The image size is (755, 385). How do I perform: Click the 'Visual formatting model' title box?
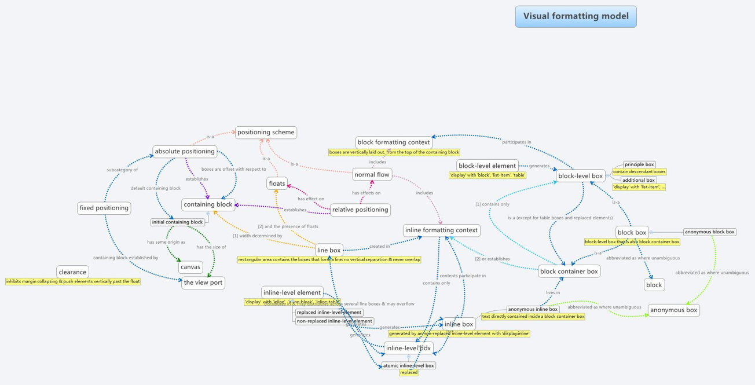point(576,16)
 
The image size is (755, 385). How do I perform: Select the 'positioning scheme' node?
point(266,133)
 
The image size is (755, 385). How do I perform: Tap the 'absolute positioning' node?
point(185,152)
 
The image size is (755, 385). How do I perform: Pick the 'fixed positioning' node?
point(104,208)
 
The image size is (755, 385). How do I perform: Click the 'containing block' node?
point(208,204)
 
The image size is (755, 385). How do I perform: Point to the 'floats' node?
point(277,184)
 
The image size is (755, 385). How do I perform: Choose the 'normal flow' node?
point(372,174)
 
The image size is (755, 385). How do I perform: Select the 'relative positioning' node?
point(360,210)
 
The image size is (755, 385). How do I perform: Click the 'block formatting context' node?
point(394,142)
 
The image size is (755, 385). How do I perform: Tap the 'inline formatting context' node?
point(441,230)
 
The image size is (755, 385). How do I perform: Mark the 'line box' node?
point(328,250)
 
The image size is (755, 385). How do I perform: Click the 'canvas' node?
point(190,267)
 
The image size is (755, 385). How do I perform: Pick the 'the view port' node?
point(203,283)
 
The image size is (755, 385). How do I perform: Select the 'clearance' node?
point(72,272)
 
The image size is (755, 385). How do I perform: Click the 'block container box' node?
point(569,272)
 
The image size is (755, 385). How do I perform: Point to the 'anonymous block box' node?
point(709,232)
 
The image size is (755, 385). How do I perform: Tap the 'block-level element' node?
point(487,166)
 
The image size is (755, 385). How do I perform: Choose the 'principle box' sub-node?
point(639,164)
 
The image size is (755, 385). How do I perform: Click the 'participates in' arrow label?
point(516,142)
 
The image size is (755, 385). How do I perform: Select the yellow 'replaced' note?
point(409,373)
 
